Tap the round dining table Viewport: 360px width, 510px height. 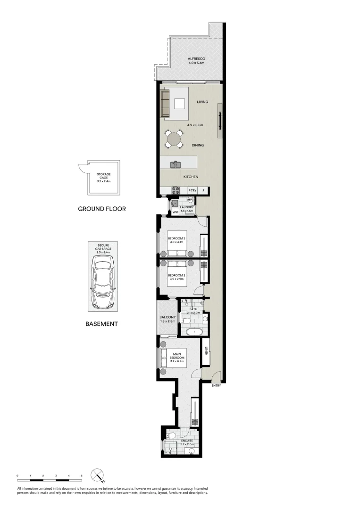click(174, 139)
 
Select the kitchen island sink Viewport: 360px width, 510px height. click(176, 164)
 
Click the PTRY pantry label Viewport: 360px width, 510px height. click(192, 191)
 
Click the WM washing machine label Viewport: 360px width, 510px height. click(175, 212)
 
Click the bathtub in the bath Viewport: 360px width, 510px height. click(194, 332)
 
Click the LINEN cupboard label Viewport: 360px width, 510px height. click(207, 352)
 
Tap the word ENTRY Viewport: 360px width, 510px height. click(216, 386)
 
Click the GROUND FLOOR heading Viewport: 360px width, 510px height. click(102, 208)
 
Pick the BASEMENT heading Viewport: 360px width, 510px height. click(101, 324)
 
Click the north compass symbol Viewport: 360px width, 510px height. click(98, 475)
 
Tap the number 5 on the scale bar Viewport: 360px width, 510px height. click(82, 475)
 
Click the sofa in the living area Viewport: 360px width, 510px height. click(165, 103)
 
